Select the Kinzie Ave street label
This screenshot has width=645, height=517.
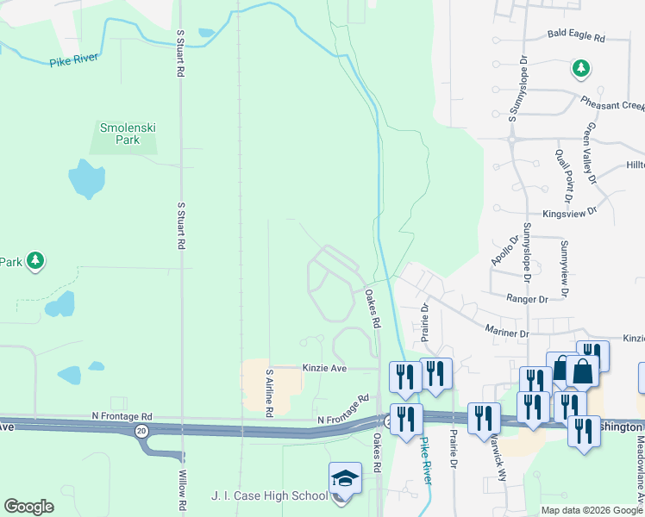(323, 368)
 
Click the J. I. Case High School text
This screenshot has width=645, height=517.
(269, 496)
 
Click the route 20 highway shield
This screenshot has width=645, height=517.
(141, 429)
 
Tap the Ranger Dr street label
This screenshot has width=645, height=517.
(527, 299)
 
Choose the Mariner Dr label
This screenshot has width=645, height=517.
(506, 333)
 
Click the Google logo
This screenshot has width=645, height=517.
(28, 507)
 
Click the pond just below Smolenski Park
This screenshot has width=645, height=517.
(85, 179)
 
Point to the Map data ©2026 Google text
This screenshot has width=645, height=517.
(592, 510)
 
